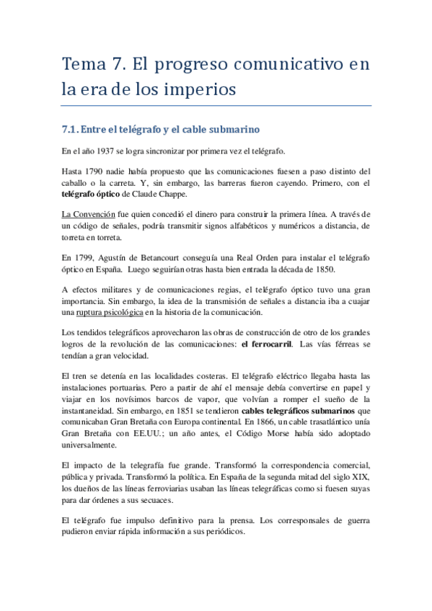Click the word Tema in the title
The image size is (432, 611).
(x=83, y=64)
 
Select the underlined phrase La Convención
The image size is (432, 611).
(x=94, y=215)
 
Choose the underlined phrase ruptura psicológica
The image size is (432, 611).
(x=109, y=313)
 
